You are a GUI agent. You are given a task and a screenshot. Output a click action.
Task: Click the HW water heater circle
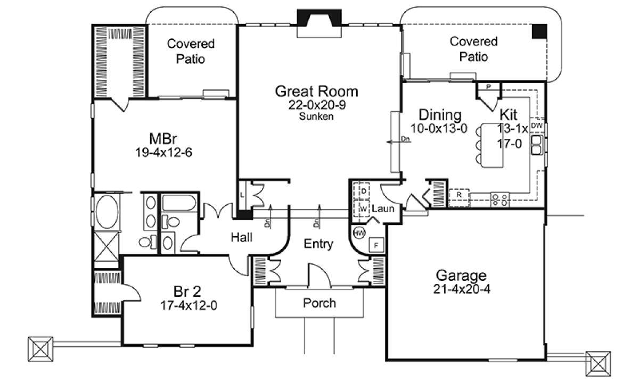coord(359,233)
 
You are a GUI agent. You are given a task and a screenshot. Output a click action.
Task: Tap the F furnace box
coord(376,245)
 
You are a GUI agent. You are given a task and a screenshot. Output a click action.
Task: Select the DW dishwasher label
coord(537,126)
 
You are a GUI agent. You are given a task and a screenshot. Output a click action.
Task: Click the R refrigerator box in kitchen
coord(458,197)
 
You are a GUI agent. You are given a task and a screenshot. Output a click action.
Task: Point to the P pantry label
coord(488,86)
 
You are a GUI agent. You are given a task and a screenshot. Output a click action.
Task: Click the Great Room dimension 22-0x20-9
coord(317,105)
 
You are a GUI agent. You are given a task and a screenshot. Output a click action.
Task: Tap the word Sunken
coord(316,116)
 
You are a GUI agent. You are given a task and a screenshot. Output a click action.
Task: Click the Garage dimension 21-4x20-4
coord(462,289)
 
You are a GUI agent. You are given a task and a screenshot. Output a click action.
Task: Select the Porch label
coord(319,303)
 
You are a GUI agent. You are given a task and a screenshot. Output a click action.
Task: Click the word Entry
coord(318,244)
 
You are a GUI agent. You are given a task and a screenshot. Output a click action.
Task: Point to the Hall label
coord(241,237)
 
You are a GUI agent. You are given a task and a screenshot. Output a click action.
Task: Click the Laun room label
coord(383,209)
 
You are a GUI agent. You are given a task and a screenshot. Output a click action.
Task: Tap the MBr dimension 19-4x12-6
coord(163,153)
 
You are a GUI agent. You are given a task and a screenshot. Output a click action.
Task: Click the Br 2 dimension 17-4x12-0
coord(189,305)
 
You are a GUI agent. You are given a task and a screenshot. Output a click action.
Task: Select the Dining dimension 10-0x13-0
coord(439,129)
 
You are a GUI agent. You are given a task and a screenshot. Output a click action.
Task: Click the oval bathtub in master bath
coord(107,212)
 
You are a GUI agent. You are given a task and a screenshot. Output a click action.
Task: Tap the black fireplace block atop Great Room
coord(319,18)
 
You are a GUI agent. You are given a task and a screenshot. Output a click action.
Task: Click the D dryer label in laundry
coord(363,191)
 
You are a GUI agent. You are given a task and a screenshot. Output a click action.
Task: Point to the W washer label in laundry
coord(363,209)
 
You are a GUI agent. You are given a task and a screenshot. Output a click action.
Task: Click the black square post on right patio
coord(539,31)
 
